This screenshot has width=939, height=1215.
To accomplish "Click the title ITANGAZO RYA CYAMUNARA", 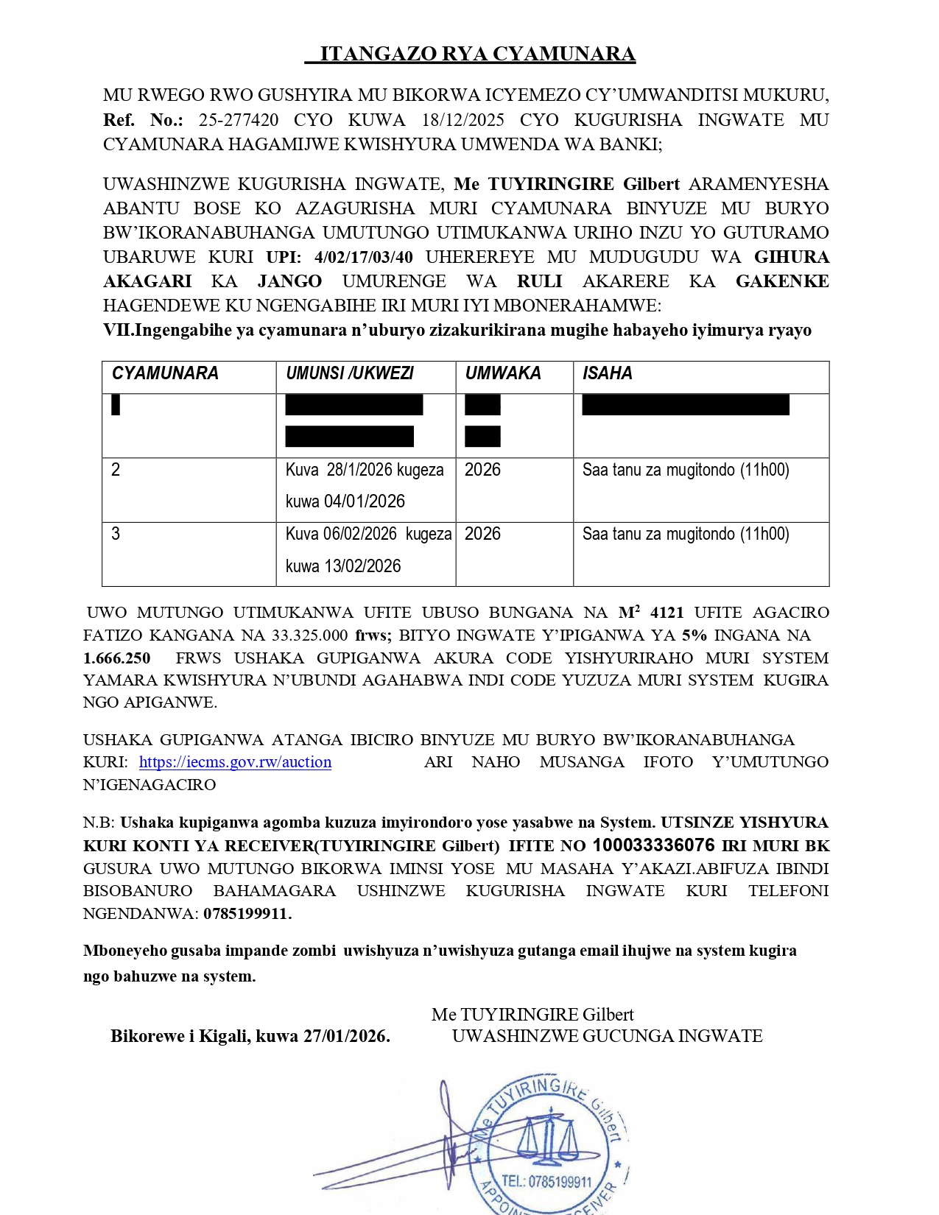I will point(477,54).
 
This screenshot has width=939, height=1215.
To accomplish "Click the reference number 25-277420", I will point(238,120).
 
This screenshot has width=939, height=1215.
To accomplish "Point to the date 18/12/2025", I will point(463,120).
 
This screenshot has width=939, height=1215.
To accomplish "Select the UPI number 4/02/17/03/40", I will point(363,257).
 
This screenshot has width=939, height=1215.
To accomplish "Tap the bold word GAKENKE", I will point(782,281).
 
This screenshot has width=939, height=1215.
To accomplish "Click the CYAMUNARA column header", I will point(165,373).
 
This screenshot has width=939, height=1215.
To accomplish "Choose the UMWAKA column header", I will point(503,373).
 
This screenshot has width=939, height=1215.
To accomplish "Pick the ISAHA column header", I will point(607,373).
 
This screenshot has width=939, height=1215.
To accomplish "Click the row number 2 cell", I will point(116,470).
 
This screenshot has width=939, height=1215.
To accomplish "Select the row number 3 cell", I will point(116,534).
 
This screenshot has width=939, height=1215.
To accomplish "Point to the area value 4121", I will point(667,613).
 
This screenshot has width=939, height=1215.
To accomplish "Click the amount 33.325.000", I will point(310,635).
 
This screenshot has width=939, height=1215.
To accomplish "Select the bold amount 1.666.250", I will point(117,658).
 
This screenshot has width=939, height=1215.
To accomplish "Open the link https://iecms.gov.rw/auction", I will point(235,762).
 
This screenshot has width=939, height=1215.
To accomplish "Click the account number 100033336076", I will point(653,845).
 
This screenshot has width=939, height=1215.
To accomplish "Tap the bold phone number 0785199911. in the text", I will point(247,914).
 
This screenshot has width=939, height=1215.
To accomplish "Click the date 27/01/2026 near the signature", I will point(345,1036).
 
